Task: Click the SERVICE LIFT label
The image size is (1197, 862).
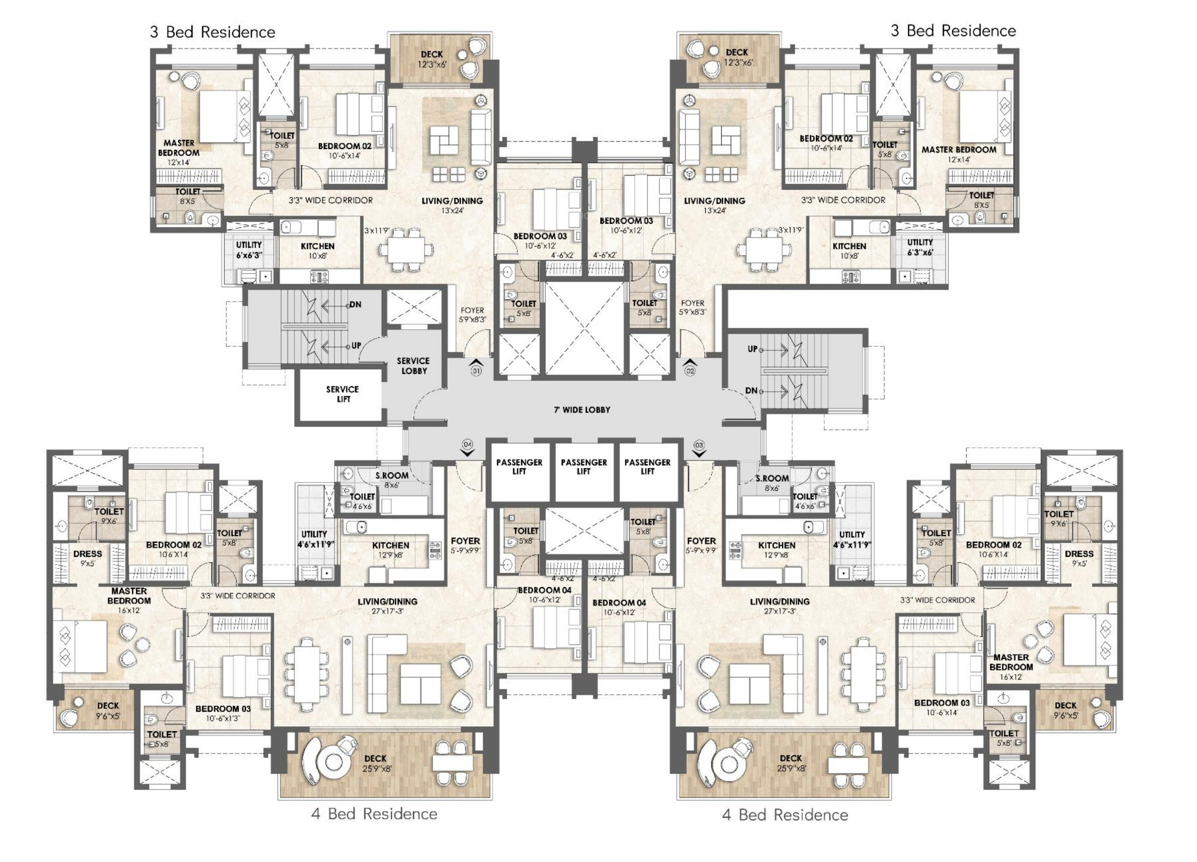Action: (x=342, y=394)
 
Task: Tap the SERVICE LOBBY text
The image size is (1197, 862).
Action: (x=413, y=366)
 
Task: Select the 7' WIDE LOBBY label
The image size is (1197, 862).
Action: (x=582, y=409)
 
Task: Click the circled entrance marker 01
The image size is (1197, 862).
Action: (x=476, y=371)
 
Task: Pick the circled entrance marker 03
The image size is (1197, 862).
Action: (x=699, y=445)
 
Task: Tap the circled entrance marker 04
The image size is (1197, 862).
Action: (x=468, y=444)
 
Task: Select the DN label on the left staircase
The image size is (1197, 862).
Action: (x=355, y=305)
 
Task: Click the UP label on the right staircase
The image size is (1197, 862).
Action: (x=752, y=349)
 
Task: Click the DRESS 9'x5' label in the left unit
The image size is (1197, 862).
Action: (x=88, y=558)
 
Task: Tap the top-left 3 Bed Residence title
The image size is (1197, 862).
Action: (x=212, y=32)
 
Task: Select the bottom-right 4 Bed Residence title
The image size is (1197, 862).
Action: (x=785, y=814)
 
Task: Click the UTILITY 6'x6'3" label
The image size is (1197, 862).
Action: (x=249, y=250)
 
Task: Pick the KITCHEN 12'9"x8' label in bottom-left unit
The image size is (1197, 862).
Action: (x=390, y=550)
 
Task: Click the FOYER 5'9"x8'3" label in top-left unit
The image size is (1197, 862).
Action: (x=472, y=314)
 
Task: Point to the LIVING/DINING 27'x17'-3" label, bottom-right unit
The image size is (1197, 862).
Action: (x=780, y=605)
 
